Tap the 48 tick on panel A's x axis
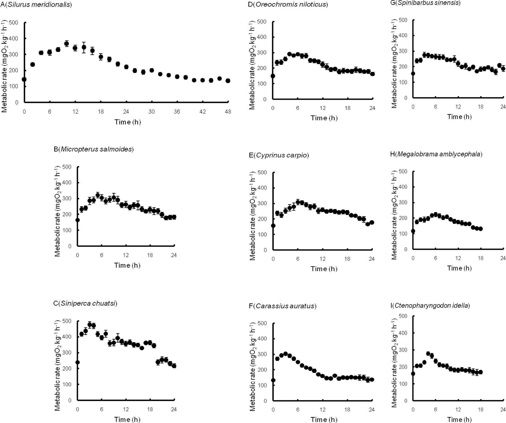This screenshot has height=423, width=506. click(x=228, y=112)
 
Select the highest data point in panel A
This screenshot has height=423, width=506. click(x=66, y=44)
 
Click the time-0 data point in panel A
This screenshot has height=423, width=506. click(x=24, y=79)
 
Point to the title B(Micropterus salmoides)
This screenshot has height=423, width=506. click(x=93, y=149)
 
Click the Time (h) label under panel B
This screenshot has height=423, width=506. click(x=127, y=265)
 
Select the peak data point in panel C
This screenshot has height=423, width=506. click(x=90, y=325)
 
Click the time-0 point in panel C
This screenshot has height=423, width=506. click(x=77, y=362)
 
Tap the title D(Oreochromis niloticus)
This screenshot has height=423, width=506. click(x=288, y=4)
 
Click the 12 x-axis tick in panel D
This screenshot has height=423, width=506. click(x=322, y=108)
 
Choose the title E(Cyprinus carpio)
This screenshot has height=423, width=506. click(x=279, y=155)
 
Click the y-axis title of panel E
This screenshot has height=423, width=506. click(x=252, y=215)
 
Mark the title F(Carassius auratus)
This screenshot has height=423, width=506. click(x=282, y=306)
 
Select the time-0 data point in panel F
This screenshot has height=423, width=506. click(x=273, y=380)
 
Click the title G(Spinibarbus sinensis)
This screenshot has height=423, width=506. click(x=425, y=3)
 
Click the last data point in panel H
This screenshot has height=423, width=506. click(x=481, y=229)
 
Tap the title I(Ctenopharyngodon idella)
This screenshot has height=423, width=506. click(x=430, y=305)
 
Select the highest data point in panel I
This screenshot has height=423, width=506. click(x=428, y=353)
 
